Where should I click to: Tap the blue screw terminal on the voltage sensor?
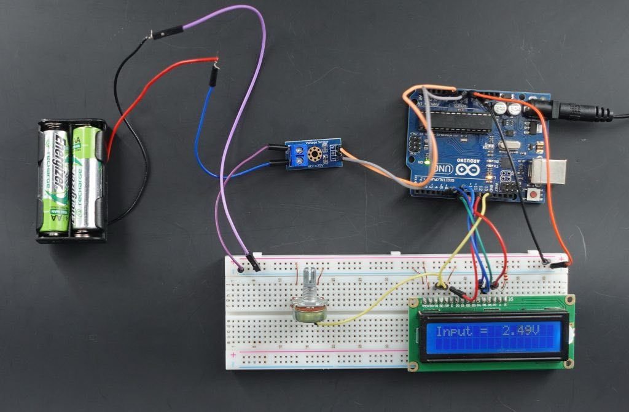(x=303, y=156)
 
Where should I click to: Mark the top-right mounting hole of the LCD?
(x=569, y=300)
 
